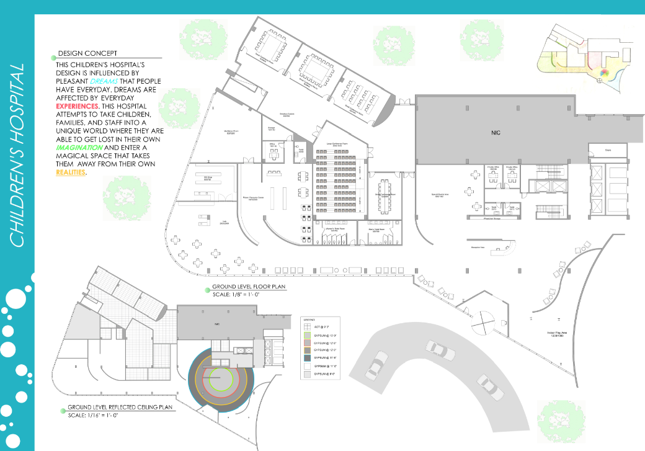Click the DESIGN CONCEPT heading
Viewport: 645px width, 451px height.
click(x=87, y=53)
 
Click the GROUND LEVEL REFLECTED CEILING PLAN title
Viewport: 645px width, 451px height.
click(x=120, y=408)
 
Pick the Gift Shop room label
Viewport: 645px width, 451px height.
click(x=208, y=177)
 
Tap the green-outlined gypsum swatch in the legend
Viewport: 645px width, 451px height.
click(x=306, y=336)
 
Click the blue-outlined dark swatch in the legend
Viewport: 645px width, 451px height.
click(x=306, y=358)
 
